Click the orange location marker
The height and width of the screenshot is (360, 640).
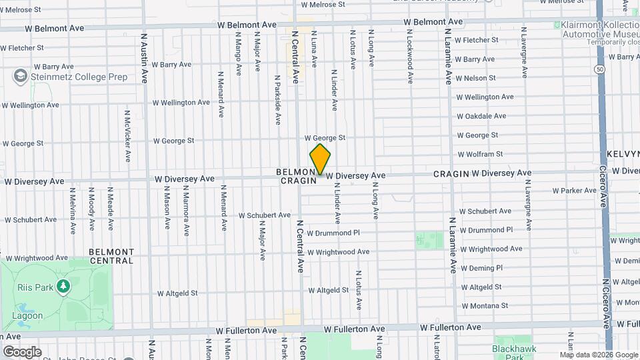click(x=320, y=159)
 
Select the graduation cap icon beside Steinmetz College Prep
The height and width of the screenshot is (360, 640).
click(x=20, y=76)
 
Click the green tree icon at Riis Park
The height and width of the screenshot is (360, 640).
click(x=63, y=287)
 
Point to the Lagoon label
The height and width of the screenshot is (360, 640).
click(x=27, y=316)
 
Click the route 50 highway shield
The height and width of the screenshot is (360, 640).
click(x=601, y=69)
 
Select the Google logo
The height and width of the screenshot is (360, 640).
click(x=21, y=351)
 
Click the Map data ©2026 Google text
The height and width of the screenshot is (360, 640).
click(x=598, y=355)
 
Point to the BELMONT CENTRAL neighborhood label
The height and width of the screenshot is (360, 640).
click(x=111, y=256)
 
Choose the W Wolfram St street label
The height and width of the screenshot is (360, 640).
click(x=479, y=154)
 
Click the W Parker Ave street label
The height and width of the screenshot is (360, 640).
click(x=574, y=191)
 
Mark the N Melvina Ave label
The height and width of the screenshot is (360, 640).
click(x=73, y=211)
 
